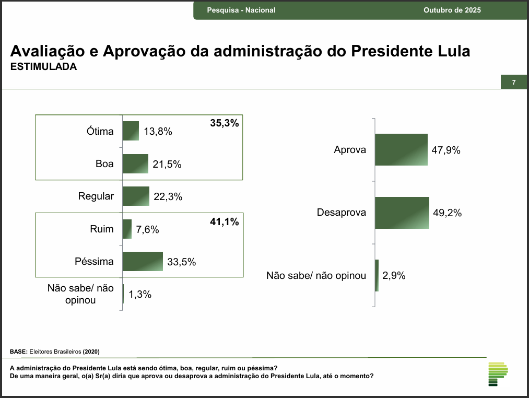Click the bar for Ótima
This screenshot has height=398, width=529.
(x=131, y=131)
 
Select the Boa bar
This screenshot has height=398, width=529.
(x=135, y=164)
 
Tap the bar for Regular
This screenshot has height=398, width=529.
(x=136, y=196)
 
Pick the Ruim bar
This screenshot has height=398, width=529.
(x=127, y=229)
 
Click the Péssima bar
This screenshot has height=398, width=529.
(x=143, y=262)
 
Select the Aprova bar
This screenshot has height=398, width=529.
(x=401, y=150)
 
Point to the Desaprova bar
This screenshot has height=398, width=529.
(x=402, y=213)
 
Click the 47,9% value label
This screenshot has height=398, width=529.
(x=446, y=150)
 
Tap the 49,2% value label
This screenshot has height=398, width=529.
(x=448, y=213)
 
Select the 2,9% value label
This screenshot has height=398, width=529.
(x=394, y=276)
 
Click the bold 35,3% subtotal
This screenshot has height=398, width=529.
(x=224, y=124)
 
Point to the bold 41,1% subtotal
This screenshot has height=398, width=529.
(x=224, y=222)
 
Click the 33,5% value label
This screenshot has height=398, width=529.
(x=182, y=262)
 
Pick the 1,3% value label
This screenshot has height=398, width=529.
(x=140, y=295)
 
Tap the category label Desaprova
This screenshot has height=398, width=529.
(x=342, y=213)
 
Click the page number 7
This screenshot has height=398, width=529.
(x=514, y=83)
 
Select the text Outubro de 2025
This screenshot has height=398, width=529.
(x=452, y=10)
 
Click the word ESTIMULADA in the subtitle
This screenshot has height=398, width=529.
(x=43, y=67)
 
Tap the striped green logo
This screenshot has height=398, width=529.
(x=497, y=374)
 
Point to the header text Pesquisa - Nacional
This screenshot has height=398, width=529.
(x=241, y=10)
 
